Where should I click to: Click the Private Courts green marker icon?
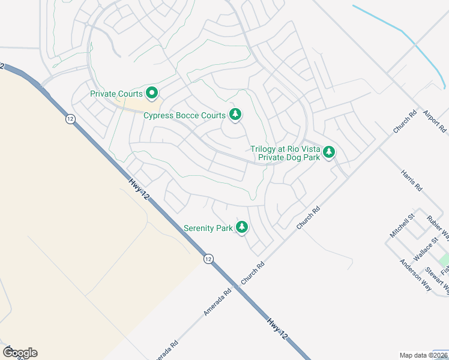pos(152,93)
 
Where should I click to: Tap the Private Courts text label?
pos(116,94)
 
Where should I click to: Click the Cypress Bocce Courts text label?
pos(184,115)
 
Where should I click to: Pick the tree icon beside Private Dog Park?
pos(328,152)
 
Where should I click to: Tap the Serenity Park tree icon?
pos(242,227)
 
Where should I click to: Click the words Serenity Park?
pos(208,228)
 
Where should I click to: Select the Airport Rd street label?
pos(435,121)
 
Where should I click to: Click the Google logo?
pos(20,352)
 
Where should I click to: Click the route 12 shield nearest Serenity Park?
pos(208,259)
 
